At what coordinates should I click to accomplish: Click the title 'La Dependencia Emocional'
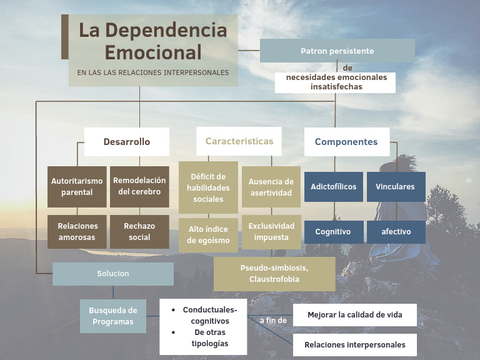pos(153,41)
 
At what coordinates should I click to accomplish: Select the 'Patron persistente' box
pos(337,51)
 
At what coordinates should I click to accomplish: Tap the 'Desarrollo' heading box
pos(127,142)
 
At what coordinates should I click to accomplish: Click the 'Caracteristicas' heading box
pos(239,141)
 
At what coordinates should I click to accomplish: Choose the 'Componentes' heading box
pos(346,142)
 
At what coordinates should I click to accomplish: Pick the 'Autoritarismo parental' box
pos(77,187)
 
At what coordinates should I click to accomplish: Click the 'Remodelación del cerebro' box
pos(139,187)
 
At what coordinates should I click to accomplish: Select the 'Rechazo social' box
pos(139,232)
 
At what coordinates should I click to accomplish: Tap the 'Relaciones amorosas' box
pos(77,232)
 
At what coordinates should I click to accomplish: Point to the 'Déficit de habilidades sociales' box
pos(208,187)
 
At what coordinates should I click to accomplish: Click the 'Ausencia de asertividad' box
pos(271,187)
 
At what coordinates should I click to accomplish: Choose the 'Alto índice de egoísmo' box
pos(208,235)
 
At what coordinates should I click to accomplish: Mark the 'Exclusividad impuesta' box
pos(271,232)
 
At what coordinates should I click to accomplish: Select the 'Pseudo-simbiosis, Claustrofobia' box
pos(274,274)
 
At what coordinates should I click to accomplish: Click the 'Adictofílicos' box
pos(334,187)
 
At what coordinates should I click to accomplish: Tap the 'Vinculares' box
pos(396,187)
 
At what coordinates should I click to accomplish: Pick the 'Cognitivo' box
pos(333,232)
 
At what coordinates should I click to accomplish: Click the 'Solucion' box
pos(113,274)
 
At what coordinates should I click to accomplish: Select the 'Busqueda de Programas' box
pos(113,316)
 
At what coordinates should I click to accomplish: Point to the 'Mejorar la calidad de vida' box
pos(354,315)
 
